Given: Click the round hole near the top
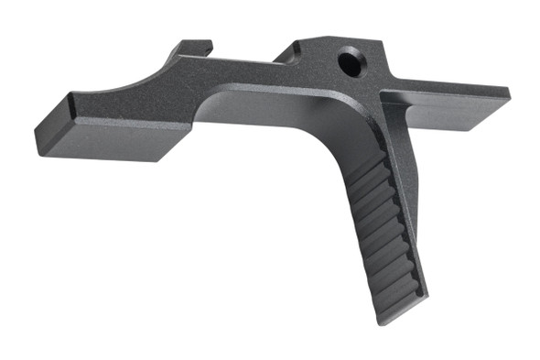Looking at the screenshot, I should tap(349, 62).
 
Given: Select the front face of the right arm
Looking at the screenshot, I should tap(448, 118).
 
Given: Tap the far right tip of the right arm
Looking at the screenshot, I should tap(508, 94).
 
